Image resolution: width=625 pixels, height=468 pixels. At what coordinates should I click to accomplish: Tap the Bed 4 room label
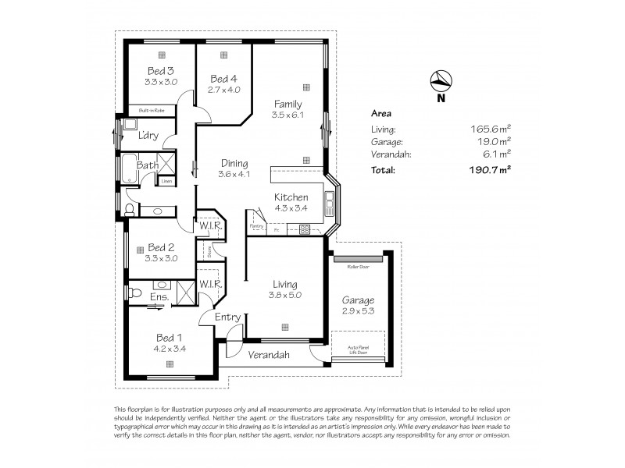[224, 79]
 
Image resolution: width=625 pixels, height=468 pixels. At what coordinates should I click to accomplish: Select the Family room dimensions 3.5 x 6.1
[287, 115]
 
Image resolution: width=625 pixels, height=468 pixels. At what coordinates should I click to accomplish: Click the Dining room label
[234, 164]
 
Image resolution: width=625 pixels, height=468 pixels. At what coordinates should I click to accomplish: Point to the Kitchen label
[291, 197]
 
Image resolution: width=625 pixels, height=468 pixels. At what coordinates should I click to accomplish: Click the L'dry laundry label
[149, 135]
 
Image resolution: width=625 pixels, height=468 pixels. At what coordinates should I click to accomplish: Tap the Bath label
[148, 165]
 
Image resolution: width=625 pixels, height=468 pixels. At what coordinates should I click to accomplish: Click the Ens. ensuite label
[159, 297]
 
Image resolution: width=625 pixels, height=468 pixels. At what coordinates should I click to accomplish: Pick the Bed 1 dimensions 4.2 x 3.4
[170, 348]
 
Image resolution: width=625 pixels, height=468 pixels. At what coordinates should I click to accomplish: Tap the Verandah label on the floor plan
[270, 355]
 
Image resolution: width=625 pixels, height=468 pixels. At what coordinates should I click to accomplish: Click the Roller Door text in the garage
[358, 266]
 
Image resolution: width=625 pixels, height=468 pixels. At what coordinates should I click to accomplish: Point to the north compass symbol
[441, 80]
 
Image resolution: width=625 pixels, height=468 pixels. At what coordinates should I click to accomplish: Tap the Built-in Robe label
[151, 112]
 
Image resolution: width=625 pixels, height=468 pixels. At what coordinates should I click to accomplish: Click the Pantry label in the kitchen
[255, 226]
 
